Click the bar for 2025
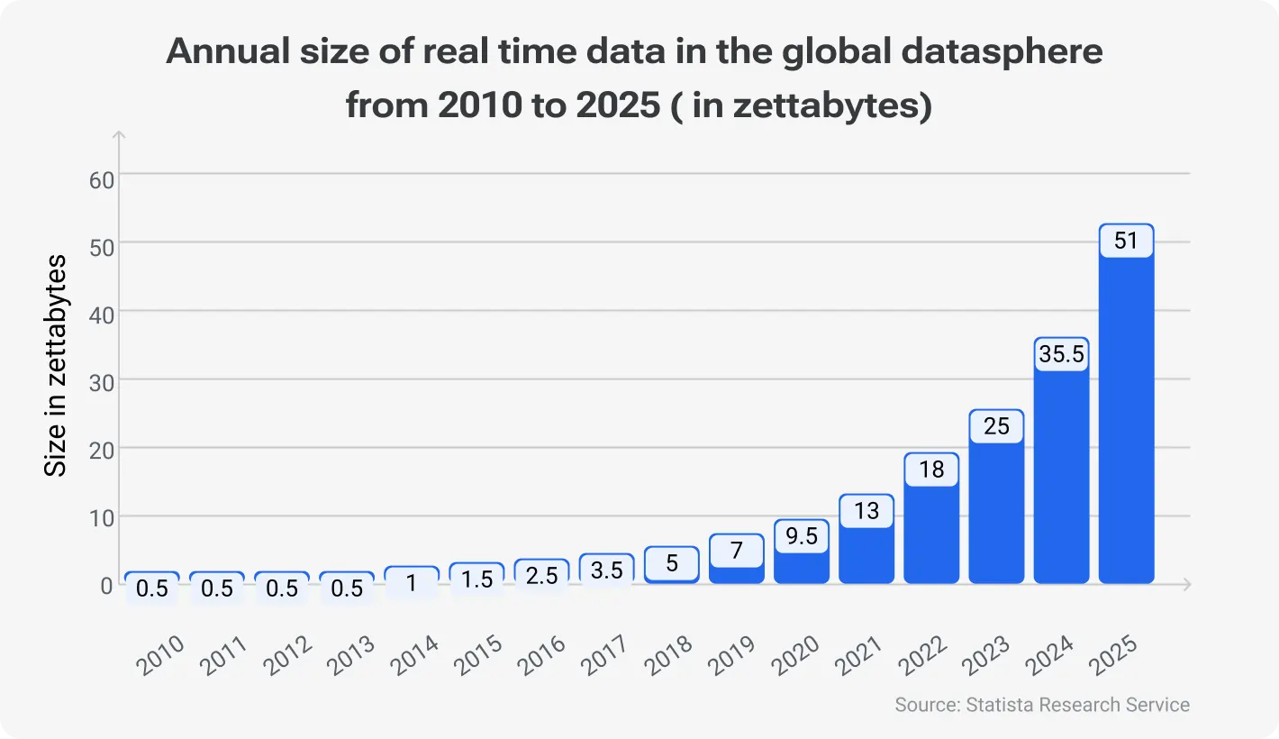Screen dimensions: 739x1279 click(1126, 424)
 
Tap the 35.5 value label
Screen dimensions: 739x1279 click(1061, 354)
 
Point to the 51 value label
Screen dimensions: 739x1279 click(1126, 241)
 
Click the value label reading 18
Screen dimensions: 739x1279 click(931, 470)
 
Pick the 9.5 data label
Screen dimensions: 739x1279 click(802, 536)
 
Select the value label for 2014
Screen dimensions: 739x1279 click(412, 582)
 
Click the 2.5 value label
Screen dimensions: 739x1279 click(541, 575)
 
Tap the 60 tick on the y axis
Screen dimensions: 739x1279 click(101, 178)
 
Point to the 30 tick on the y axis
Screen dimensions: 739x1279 click(101, 381)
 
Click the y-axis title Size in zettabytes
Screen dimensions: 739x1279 click(56, 365)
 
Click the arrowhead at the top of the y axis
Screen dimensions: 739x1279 click(119, 135)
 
